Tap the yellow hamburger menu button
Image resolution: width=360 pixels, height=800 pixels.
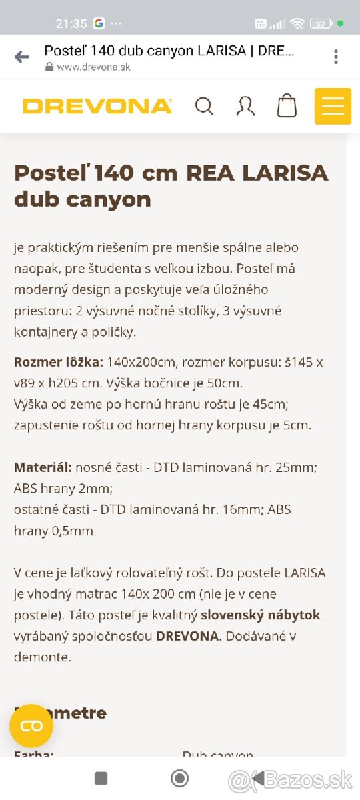(x=333, y=106)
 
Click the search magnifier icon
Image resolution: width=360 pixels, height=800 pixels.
(x=204, y=106)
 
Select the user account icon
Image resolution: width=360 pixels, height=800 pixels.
(x=245, y=106)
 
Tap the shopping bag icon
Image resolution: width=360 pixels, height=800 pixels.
(x=287, y=106)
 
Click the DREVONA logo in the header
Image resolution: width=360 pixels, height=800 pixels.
(x=97, y=106)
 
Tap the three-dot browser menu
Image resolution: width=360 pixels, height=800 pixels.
(x=336, y=57)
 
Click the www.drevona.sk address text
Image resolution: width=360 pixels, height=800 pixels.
(x=93, y=67)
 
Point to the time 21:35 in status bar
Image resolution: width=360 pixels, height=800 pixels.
(x=71, y=23)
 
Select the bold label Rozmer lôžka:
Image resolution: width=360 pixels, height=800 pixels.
(x=59, y=362)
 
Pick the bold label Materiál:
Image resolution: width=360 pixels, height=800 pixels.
(x=43, y=467)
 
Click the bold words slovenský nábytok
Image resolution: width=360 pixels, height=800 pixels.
(x=261, y=615)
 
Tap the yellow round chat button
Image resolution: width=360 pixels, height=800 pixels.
(x=31, y=726)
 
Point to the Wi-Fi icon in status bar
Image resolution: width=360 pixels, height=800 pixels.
(x=297, y=23)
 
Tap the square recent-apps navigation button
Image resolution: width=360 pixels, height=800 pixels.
(x=101, y=778)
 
